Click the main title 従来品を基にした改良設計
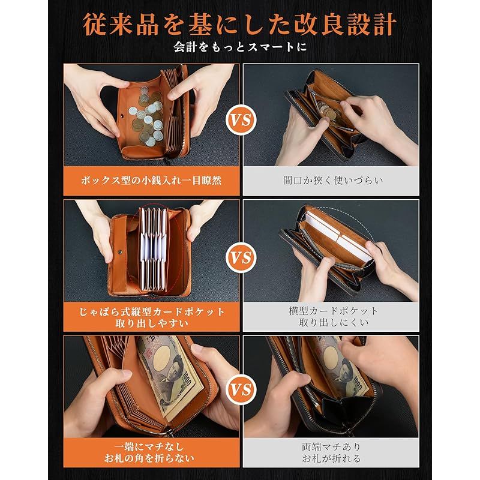click(x=240, y=25)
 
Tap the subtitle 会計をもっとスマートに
click(x=240, y=47)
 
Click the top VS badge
click(x=240, y=120)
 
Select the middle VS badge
click(x=240, y=259)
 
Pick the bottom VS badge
click(x=240, y=390)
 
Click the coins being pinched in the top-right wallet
click(x=325, y=110)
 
